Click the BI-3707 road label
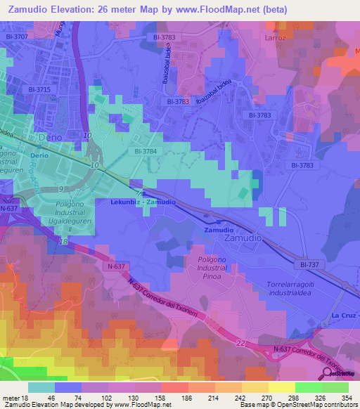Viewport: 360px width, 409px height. [16, 36]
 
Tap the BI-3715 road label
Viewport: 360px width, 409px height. [39, 89]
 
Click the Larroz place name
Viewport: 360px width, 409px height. [276, 37]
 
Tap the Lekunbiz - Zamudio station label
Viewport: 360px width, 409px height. [143, 202]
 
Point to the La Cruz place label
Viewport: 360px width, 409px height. [345, 316]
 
